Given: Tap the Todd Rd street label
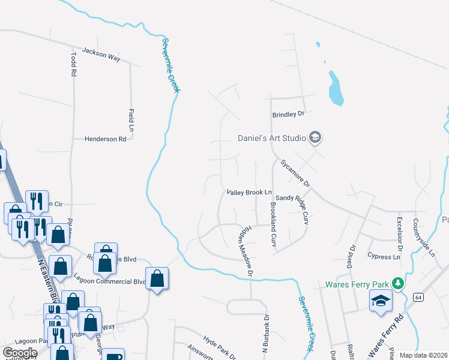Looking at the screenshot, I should tap(73, 63).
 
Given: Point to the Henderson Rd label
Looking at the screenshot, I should tap(105, 139).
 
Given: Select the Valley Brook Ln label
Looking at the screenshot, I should tap(249, 193).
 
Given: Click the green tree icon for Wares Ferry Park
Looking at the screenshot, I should tap(396, 283).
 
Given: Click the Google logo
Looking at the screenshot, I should tap(20, 352).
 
